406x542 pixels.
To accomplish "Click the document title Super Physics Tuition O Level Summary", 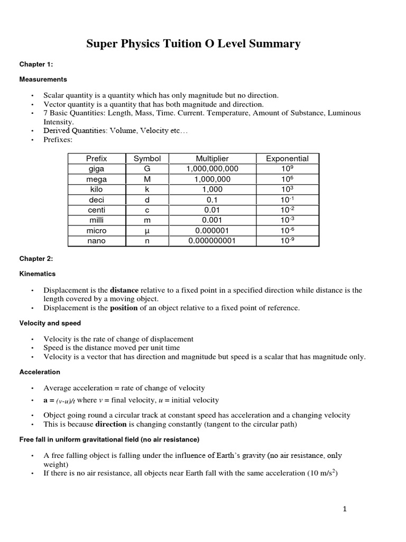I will (x=193, y=44).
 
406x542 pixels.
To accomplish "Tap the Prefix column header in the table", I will (x=96, y=158).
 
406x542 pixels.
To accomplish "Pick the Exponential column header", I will (x=287, y=158).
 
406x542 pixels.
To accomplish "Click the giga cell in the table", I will (x=96, y=169).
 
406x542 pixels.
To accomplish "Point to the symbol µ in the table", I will (x=147, y=231).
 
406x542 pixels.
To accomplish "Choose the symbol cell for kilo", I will (x=147, y=189).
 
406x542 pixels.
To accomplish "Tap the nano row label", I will (x=96, y=241).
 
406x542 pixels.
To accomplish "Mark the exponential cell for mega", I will (x=287, y=179).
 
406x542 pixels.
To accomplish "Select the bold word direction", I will (x=111, y=424).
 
